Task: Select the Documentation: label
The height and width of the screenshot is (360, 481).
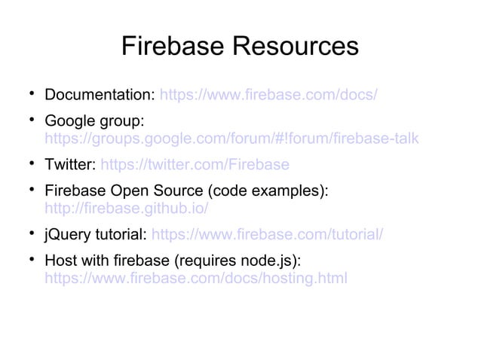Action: [x=100, y=97]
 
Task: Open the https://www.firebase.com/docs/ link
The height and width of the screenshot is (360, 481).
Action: [x=269, y=97]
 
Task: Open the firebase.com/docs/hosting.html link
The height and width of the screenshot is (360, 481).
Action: [x=196, y=279]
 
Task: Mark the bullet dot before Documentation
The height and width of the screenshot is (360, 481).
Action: [x=27, y=95]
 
